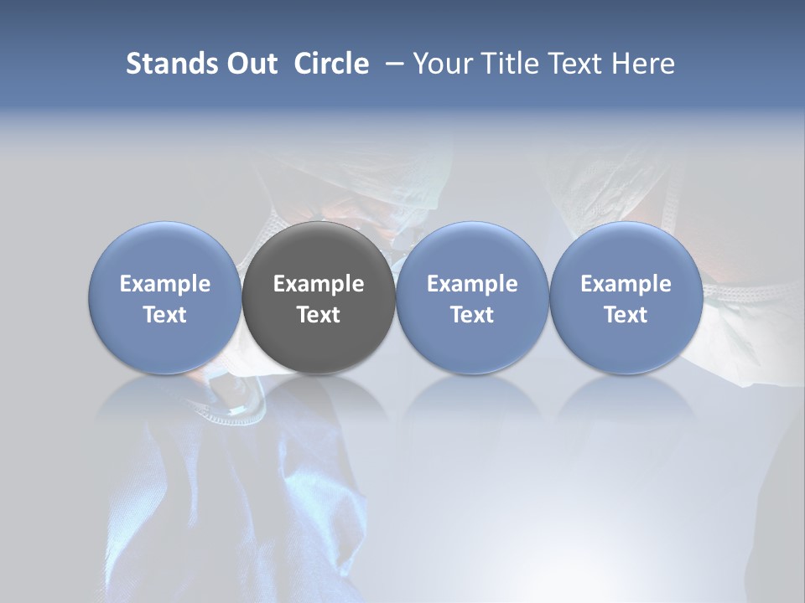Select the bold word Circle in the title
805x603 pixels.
coord(331,64)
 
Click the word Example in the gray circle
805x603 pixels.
coord(319,284)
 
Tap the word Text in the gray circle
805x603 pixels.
coord(319,315)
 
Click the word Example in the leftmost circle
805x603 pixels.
coord(165,284)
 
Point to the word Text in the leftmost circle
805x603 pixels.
coord(165,315)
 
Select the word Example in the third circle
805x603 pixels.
coord(472,284)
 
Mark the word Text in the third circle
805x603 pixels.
coord(472,315)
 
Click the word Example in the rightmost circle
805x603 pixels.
coord(626,284)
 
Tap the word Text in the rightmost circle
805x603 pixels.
coord(626,315)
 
